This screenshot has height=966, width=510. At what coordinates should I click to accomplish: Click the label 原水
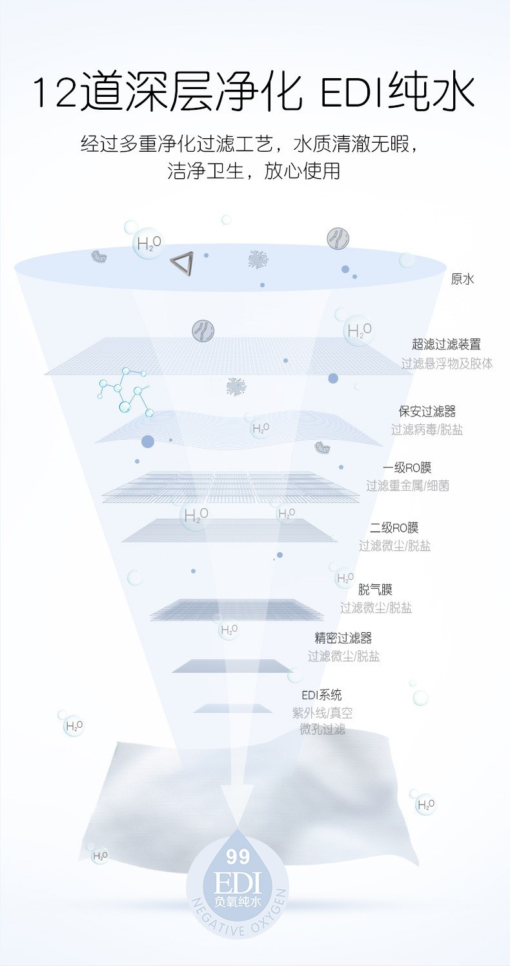(462, 280)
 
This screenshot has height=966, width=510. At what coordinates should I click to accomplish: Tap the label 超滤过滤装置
(446, 345)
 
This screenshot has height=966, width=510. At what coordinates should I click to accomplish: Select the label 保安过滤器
(427, 411)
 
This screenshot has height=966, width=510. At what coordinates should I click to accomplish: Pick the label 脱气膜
(375, 590)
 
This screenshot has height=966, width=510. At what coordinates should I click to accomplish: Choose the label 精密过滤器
(343, 638)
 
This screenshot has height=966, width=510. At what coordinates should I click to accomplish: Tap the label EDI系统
(321, 695)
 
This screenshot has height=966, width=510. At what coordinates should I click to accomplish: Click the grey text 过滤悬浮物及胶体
(447, 364)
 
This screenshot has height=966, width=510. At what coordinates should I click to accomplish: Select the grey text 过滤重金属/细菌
(407, 486)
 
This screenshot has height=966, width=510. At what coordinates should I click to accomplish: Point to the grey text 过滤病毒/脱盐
(427, 429)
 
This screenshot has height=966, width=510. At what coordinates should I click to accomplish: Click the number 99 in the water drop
(238, 858)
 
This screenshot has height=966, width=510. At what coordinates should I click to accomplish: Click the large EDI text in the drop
(238, 881)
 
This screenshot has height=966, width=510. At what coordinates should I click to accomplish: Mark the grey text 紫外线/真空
(322, 713)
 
